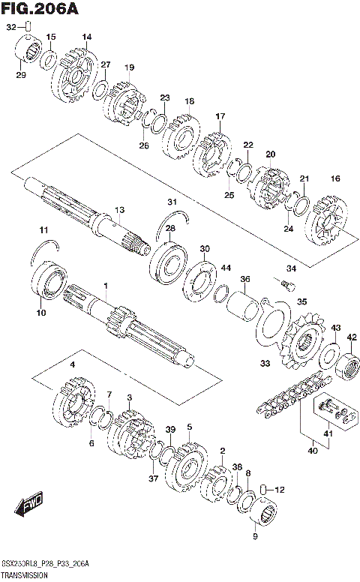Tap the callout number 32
(x=10, y=27)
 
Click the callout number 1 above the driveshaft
(x=106, y=286)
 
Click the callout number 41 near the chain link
(x=327, y=433)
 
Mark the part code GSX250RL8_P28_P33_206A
(x=45, y=563)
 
